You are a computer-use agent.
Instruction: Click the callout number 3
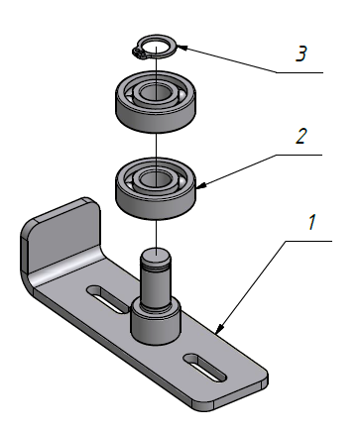coord(301,54)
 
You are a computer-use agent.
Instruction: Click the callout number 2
coord(300,136)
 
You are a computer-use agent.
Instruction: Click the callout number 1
coord(312,222)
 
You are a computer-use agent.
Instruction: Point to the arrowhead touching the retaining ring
coord(182,48)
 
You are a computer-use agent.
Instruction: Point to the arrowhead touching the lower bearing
coord(201,185)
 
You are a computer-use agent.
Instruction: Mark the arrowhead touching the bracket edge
coord(219,329)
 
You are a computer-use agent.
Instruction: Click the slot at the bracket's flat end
coord(205,368)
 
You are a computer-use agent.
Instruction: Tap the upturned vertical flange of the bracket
coord(62,238)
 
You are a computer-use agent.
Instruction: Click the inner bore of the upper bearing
coord(156,93)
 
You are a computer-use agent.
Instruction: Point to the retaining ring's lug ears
coord(138,53)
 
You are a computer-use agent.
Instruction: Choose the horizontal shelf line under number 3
coord(300,72)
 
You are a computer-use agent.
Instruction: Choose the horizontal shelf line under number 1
coord(308,241)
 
